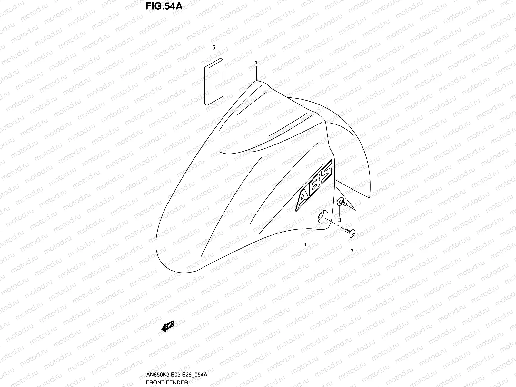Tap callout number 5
213,47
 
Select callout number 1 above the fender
256,62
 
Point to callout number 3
340,220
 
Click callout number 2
352,251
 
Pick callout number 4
305,244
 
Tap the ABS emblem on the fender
314,186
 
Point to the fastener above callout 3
342,203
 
